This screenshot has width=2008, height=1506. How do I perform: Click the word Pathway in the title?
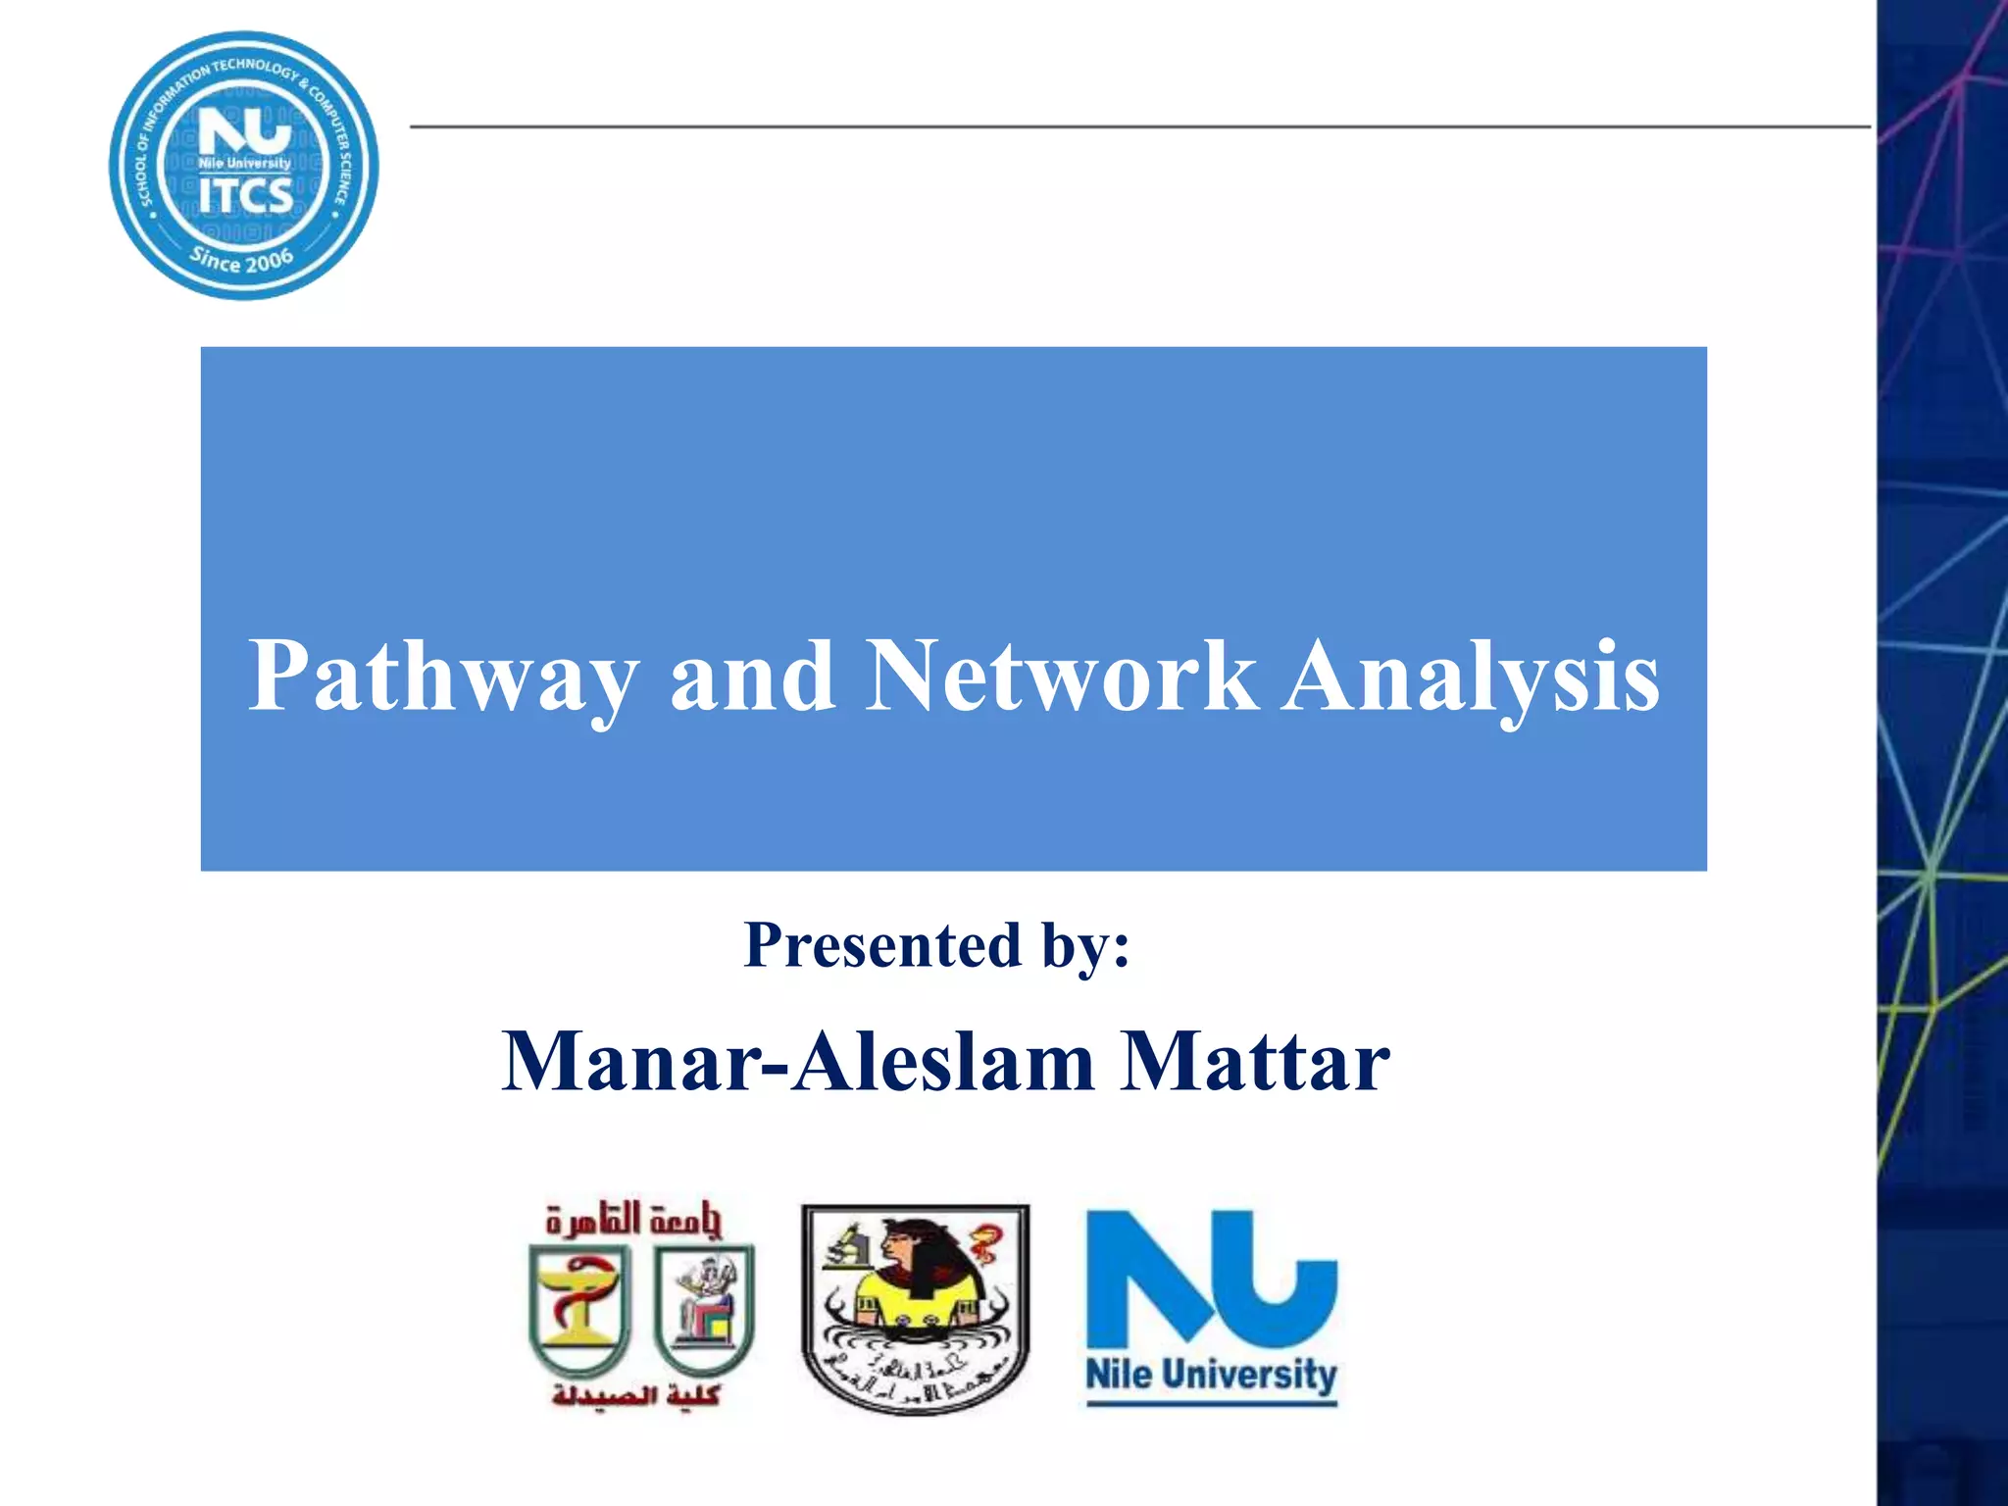pyautogui.click(x=443, y=677)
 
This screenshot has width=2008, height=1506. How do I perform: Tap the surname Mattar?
pyautogui.click(x=1255, y=1062)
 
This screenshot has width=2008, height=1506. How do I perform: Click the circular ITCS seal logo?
pyautogui.click(x=244, y=165)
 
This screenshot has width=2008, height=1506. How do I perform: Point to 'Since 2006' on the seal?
pyautogui.click(x=242, y=260)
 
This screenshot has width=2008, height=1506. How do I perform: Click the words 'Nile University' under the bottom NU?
pyautogui.click(x=1212, y=1375)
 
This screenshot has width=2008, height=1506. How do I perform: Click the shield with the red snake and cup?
pyautogui.click(x=577, y=1309)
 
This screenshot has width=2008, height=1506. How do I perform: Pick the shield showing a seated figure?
pyautogui.click(x=704, y=1309)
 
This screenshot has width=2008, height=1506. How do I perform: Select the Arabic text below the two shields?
pyautogui.click(x=636, y=1394)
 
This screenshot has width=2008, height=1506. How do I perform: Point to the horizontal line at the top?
pyautogui.click(x=1137, y=126)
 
